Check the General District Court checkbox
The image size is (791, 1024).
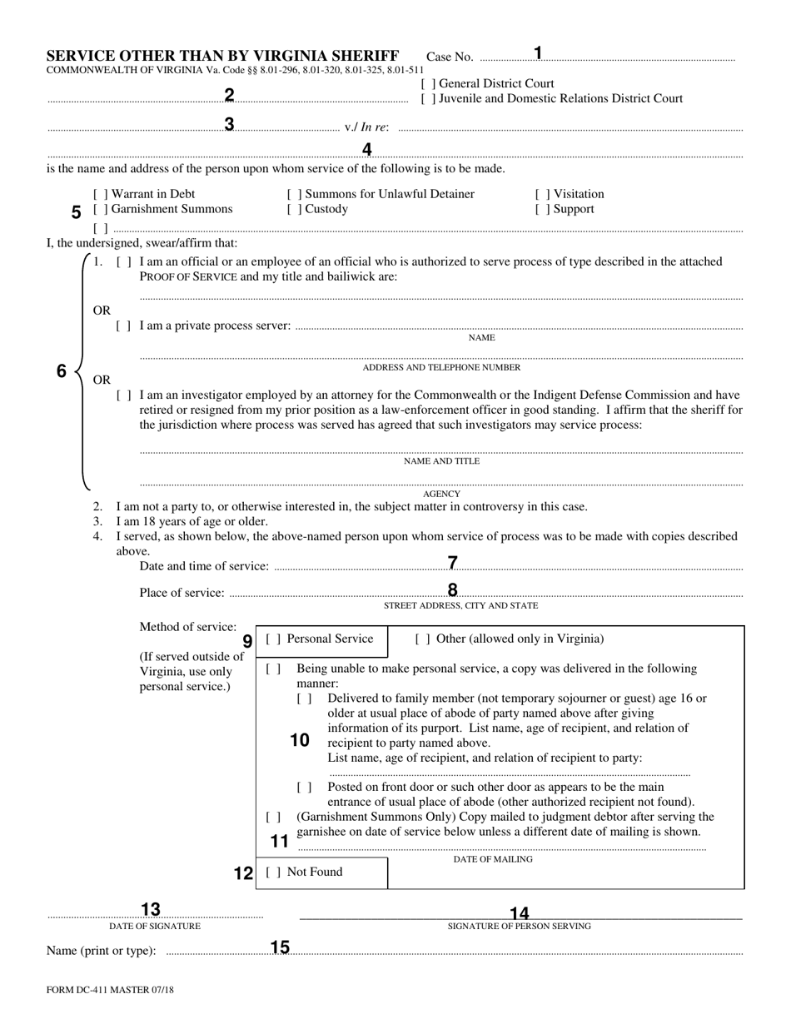428,84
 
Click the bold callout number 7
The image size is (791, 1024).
453,564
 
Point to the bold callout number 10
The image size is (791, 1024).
300,740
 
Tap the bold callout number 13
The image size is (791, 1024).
151,910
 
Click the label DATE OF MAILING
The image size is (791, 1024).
493,859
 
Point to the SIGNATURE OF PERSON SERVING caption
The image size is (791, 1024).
520,926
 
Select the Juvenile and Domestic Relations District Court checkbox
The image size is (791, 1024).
428,99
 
